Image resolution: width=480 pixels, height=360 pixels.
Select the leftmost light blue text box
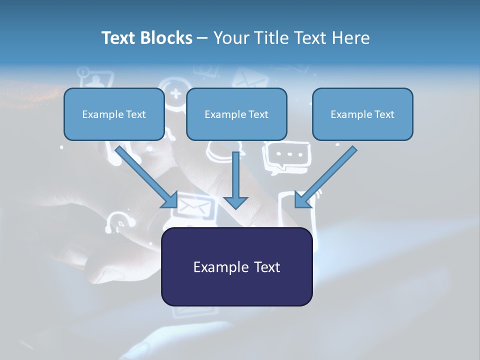114,114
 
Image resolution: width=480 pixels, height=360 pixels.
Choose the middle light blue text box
236,114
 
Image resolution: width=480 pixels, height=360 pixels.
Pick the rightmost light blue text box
362,114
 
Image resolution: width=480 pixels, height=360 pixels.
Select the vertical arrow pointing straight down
235,177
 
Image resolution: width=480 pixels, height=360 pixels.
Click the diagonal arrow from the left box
145,175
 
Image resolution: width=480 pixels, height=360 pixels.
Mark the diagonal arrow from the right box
327,175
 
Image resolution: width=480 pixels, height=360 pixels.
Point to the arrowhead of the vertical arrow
235,202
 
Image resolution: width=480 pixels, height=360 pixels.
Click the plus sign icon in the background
175,93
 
